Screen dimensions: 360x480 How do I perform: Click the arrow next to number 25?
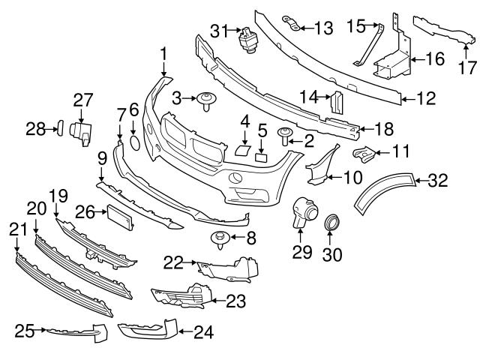pos(43,328)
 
